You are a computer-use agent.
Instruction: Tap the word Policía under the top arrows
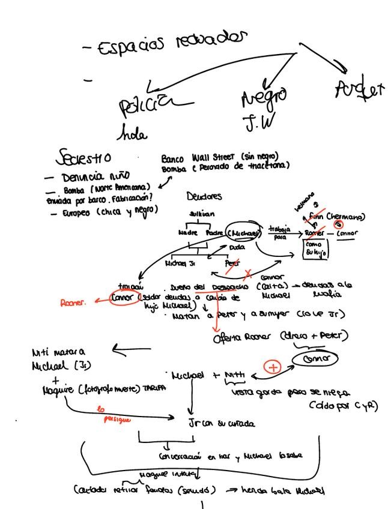[148, 107]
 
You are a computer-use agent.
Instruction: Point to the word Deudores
[204, 196]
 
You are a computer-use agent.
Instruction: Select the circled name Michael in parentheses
[244, 233]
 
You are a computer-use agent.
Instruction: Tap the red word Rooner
[73, 303]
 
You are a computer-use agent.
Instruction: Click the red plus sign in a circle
[273, 367]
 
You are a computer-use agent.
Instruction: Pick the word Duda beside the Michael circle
[237, 247]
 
